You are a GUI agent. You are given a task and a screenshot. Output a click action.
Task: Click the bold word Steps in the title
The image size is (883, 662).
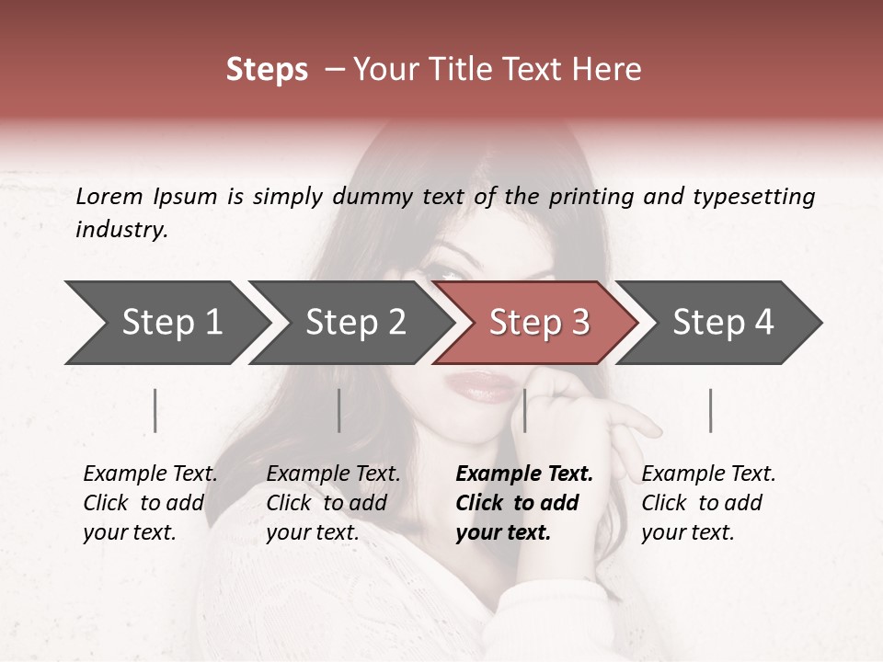click(267, 70)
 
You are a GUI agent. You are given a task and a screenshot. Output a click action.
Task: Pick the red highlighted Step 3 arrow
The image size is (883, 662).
click(539, 323)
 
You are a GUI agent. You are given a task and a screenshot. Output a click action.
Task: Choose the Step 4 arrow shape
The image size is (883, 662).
click(723, 323)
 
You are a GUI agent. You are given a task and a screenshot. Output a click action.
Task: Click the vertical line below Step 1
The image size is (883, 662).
click(155, 410)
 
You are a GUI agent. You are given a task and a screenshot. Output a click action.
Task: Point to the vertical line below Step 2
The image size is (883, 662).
click(339, 410)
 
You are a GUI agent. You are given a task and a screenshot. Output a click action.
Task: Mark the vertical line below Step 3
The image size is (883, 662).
click(524, 410)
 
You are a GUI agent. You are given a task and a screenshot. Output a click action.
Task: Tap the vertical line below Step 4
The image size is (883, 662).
click(710, 410)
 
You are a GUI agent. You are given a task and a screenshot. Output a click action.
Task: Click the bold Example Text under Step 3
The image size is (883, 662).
click(523, 503)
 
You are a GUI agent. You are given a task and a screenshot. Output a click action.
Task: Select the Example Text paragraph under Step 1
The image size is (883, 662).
click(150, 503)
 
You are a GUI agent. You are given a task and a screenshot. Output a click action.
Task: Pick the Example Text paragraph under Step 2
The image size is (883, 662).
click(333, 503)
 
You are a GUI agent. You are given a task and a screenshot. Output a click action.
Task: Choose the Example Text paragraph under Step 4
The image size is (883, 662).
click(708, 503)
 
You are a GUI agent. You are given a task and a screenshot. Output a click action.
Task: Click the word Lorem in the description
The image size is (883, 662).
click(109, 197)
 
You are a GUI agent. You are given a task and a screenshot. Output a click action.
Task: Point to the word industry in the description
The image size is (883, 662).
click(121, 230)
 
